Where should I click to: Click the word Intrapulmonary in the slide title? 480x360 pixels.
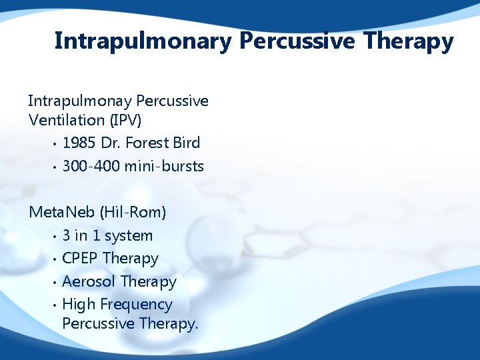(141, 41)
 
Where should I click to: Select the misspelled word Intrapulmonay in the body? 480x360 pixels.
(79, 101)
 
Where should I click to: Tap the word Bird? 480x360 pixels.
(187, 143)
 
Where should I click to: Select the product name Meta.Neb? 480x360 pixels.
(62, 213)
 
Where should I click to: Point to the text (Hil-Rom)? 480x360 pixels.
(133, 213)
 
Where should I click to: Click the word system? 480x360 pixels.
(129, 235)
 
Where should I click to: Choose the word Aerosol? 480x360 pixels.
(89, 282)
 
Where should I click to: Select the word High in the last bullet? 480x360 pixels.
(79, 305)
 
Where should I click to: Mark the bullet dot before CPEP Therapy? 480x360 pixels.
(54, 259)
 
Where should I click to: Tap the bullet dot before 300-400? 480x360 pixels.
(54, 167)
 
